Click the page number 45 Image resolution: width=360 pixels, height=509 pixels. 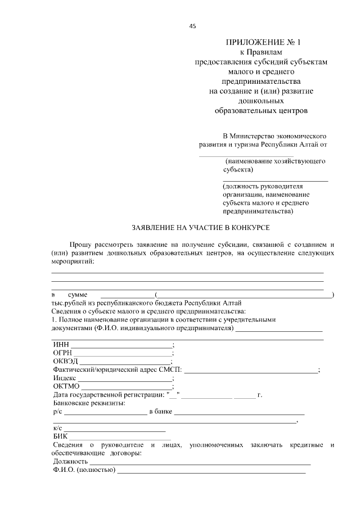[193, 25]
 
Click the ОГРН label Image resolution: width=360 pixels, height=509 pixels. [62, 353]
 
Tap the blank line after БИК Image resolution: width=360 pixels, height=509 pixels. [120, 437]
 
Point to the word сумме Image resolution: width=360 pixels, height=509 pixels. [77, 294]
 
